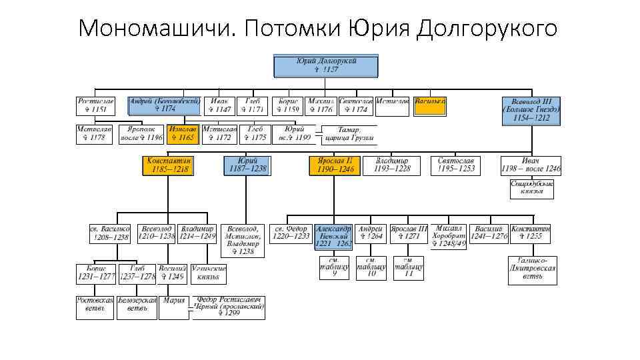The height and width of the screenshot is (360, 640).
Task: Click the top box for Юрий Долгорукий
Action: tap(326, 65)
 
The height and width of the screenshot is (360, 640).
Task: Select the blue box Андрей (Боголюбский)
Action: tap(165, 105)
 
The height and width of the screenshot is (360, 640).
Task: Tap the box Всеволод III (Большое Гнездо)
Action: tap(531, 111)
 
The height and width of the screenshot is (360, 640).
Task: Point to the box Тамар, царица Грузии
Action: tap(348, 135)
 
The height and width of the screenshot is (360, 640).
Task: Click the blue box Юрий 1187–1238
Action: tap(248, 165)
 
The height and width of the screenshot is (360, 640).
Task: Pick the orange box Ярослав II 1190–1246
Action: tap(335, 165)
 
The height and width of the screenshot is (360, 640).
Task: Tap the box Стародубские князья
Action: tap(531, 189)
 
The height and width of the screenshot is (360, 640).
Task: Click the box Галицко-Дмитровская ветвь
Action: tap(531, 271)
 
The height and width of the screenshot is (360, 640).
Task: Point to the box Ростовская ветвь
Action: tap(95, 307)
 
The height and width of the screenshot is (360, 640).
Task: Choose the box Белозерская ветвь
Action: tap(137, 307)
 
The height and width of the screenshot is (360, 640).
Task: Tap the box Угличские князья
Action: tap(209, 272)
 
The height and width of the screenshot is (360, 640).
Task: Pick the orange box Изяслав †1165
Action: tap(182, 133)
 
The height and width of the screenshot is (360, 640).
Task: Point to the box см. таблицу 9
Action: tap(334, 267)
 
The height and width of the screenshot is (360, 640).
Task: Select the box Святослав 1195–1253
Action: tap(457, 165)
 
